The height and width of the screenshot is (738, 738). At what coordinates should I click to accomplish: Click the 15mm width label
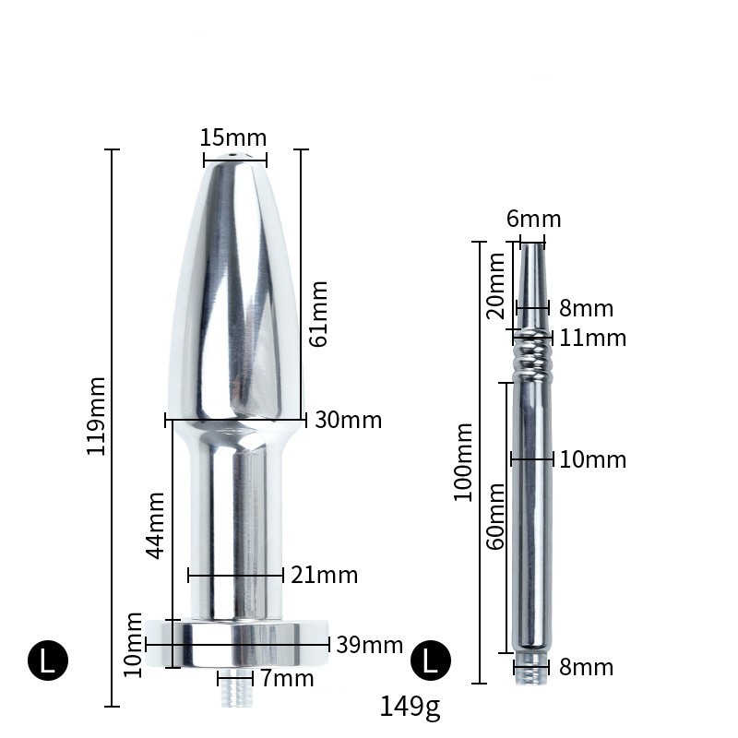pos(233,137)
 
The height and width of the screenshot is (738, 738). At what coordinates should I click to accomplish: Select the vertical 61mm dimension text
pos(319,313)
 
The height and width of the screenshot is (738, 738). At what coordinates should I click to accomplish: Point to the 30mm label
pos(348,420)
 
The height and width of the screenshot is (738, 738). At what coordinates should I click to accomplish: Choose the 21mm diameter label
pos(324,576)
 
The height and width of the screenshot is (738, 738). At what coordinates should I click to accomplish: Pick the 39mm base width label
pos(369,645)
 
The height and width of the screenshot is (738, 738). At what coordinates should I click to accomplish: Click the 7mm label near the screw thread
pos(287,680)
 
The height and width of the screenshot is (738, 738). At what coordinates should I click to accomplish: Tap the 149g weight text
pos(410,707)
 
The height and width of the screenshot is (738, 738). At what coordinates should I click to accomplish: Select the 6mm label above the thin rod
pos(533,220)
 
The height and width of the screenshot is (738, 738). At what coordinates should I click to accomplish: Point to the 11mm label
pos(592,339)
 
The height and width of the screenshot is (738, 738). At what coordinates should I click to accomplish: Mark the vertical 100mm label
pos(463,461)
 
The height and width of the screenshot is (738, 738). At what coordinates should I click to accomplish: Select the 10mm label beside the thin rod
pos(592,459)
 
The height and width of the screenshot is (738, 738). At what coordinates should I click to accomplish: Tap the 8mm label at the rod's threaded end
pos(586,667)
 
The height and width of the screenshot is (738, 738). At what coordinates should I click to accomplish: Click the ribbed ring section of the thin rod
pos(531,355)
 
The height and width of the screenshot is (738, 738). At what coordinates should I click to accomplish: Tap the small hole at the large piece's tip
pos(233,158)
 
